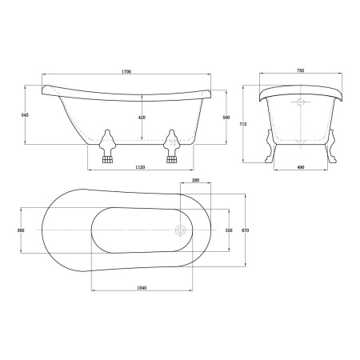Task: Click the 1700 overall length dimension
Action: pyautogui.click(x=126, y=71)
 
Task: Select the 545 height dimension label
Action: pyautogui.click(x=25, y=115)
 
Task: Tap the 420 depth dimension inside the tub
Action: pyautogui.click(x=142, y=118)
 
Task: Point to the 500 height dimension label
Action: pyautogui.click(x=226, y=118)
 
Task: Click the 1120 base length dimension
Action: pyautogui.click(x=140, y=167)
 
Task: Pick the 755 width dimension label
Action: pyautogui.click(x=301, y=70)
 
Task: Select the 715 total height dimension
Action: pyautogui.click(x=243, y=124)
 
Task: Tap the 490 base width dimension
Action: pyautogui.click(x=301, y=167)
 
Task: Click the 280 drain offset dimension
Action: pyautogui.click(x=195, y=180)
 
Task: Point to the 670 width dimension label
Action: pyautogui.click(x=245, y=230)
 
